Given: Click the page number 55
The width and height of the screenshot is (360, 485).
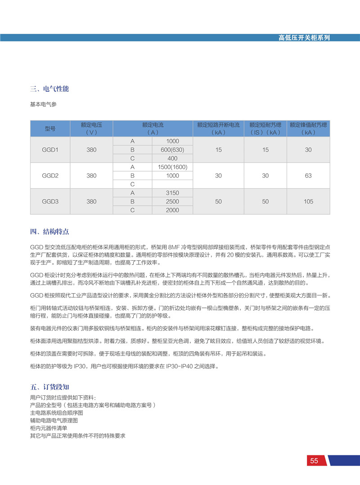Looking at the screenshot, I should [314, 461].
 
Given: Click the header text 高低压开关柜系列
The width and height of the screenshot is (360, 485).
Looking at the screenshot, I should [304, 38].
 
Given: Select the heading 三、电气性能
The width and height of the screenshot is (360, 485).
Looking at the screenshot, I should [49, 89].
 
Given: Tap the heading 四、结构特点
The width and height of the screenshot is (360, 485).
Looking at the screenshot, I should [49, 231].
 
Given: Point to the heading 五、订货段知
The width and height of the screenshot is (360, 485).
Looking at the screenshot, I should [49, 387].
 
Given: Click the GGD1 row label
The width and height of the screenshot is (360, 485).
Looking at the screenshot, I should [50, 150].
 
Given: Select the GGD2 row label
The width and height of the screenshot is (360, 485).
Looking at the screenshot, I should [50, 176].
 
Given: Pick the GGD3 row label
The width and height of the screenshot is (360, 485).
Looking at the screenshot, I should [50, 202].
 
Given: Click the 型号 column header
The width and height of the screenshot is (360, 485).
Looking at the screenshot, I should [50, 128].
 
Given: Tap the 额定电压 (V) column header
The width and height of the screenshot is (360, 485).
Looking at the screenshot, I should [91, 128].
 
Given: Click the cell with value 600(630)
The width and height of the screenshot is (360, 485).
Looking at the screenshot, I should [172, 150].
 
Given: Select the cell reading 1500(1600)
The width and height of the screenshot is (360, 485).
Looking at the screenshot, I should [172, 167].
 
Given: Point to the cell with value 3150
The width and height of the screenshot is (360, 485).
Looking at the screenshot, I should [172, 193].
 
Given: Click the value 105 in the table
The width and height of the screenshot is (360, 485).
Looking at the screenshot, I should [308, 202].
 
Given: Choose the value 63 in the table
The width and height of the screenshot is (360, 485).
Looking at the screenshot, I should [308, 176].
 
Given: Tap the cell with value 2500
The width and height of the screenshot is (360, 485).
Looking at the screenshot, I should [172, 202].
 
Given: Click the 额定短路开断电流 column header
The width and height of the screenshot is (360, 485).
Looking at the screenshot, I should [218, 128].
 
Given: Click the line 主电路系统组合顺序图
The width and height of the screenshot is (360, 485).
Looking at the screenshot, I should [56, 412].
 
